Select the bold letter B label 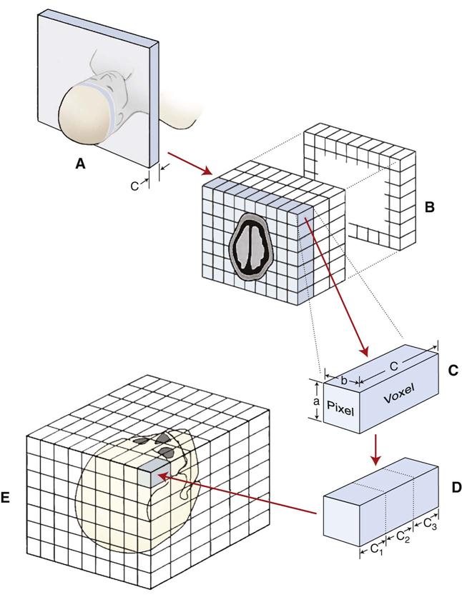431,208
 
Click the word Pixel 342,405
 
